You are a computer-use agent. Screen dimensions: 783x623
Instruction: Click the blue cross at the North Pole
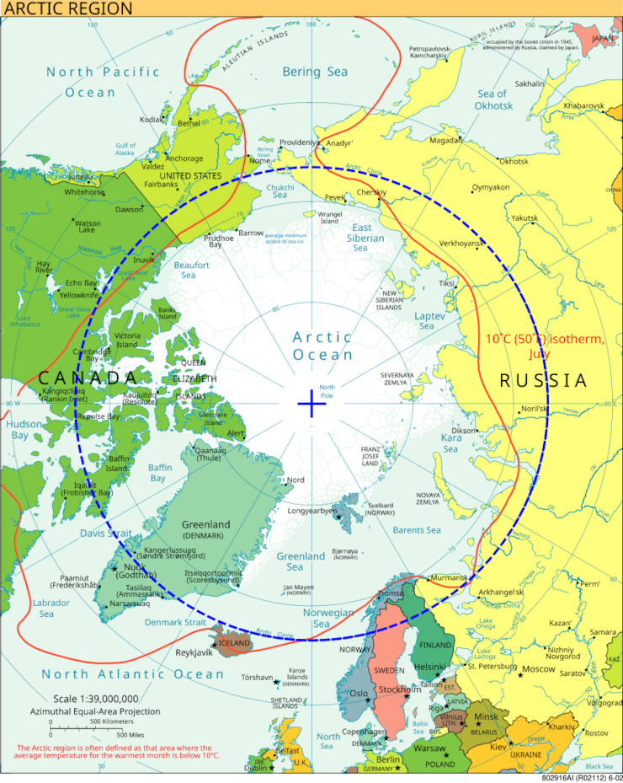(x=311, y=405)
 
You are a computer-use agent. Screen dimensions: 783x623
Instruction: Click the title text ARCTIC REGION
(x=67, y=9)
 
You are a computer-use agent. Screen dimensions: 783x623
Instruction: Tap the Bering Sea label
(x=314, y=72)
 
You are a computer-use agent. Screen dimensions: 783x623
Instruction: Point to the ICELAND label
(x=234, y=643)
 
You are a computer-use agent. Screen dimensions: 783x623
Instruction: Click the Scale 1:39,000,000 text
(x=96, y=699)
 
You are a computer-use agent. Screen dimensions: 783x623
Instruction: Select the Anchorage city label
(x=184, y=158)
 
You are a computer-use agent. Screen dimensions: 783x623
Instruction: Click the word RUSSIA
(x=543, y=381)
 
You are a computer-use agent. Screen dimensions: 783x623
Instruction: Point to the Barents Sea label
(x=417, y=530)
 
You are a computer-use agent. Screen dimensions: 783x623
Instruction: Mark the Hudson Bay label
(x=19, y=430)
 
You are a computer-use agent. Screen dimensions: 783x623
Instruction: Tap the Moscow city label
(x=539, y=669)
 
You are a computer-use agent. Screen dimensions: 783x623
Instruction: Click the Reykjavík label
(x=194, y=653)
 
